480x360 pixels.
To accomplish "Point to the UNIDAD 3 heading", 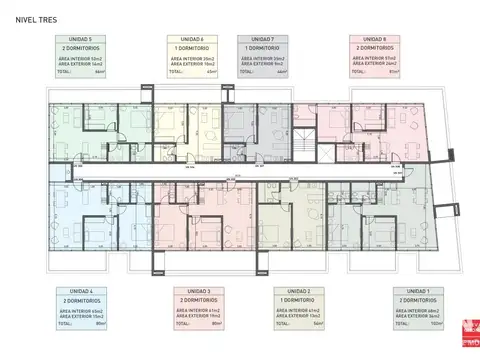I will pos(197,289).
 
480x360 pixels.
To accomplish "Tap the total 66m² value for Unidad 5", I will pos(99,72).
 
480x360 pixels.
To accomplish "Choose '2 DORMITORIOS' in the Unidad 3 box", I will pos(197,299).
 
